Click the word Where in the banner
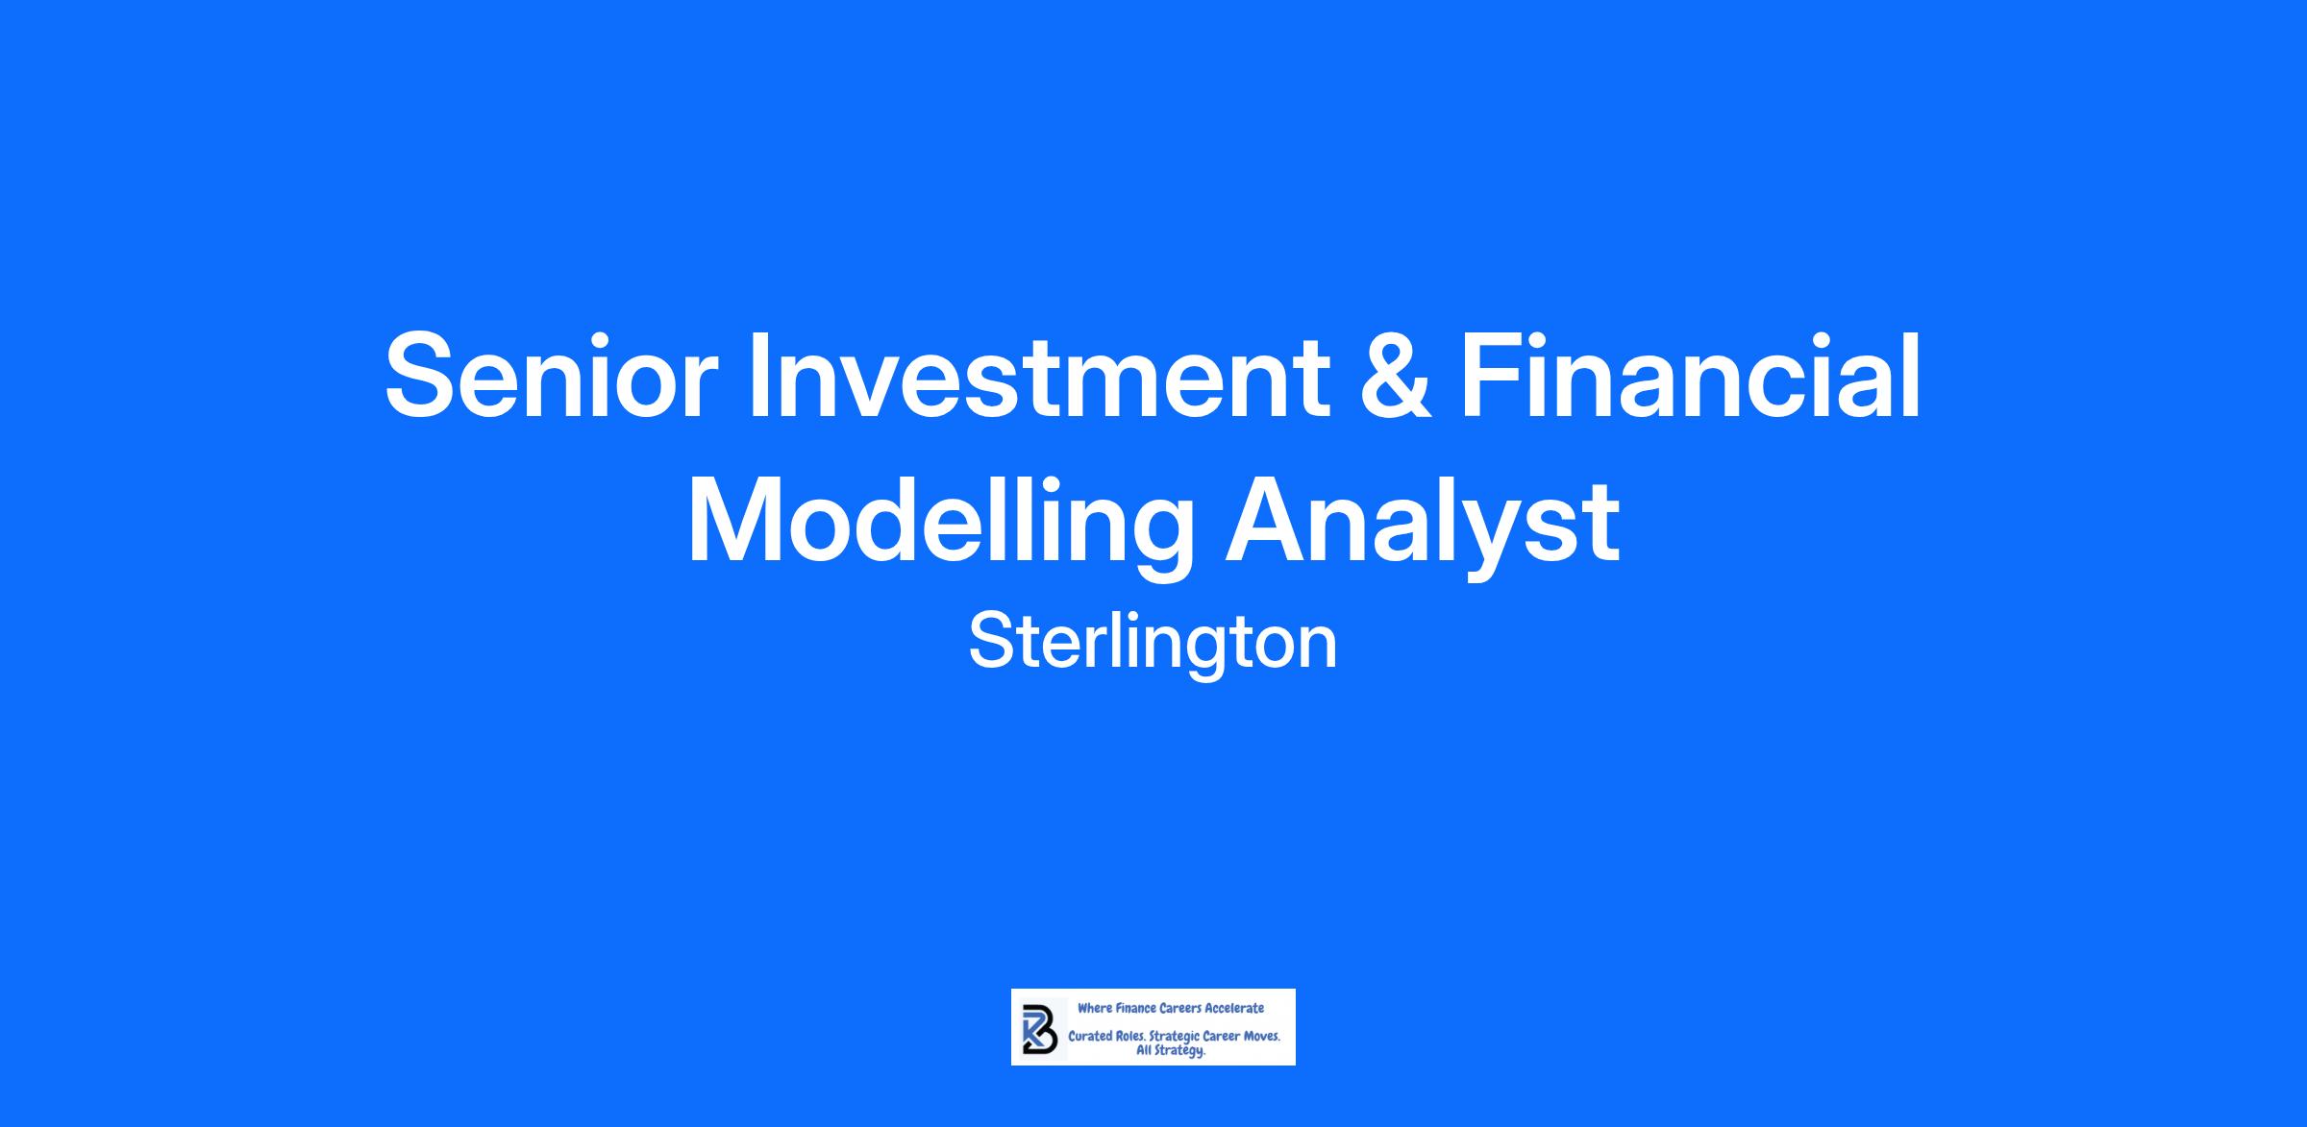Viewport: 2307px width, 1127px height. [1095, 1008]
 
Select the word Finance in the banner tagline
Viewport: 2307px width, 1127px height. [1135, 1008]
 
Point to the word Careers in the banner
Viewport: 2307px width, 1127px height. [1180, 1008]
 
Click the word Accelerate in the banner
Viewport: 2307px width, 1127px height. [1234, 1008]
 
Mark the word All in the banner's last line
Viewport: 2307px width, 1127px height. [1144, 1050]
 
